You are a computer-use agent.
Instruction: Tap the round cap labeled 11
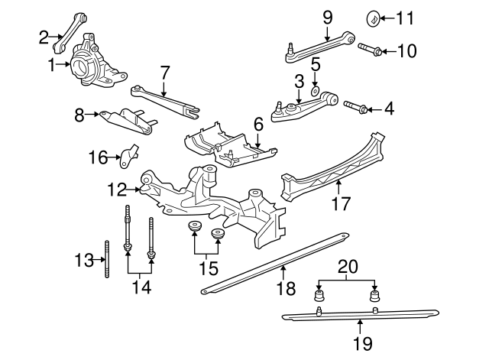click(x=375, y=17)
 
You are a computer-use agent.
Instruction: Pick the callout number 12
click(x=117, y=188)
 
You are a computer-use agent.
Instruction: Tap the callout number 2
click(x=44, y=35)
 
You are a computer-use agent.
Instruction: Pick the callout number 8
click(x=79, y=115)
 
